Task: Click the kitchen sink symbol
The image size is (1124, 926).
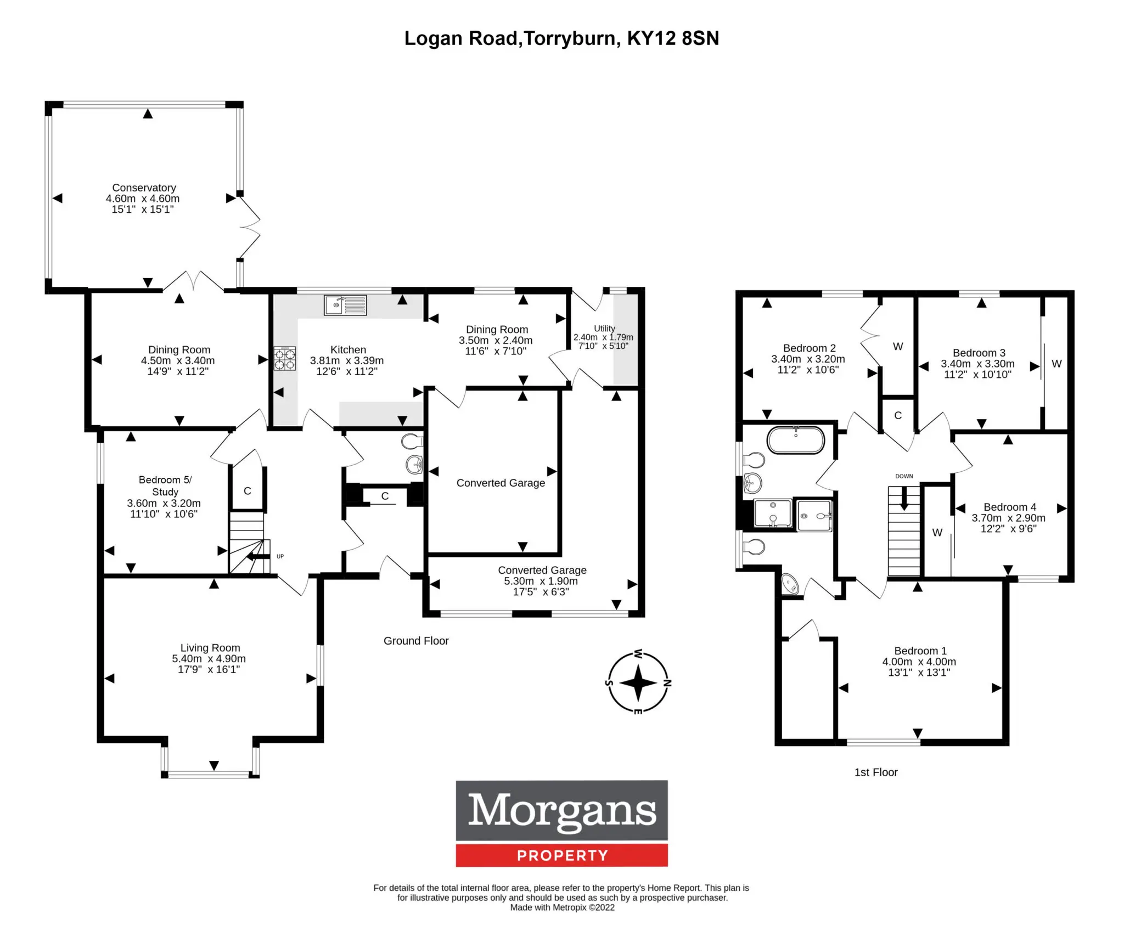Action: click(x=345, y=305)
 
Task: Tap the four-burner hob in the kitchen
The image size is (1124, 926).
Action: click(x=285, y=359)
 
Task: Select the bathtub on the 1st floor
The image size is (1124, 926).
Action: click(x=795, y=440)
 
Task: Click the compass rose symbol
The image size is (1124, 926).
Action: click(x=638, y=682)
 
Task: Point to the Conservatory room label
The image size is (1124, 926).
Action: click(x=144, y=188)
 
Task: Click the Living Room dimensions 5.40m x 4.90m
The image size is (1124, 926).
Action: click(x=209, y=658)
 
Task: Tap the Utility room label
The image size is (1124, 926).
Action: click(x=604, y=328)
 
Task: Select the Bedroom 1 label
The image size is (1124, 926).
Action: click(x=920, y=651)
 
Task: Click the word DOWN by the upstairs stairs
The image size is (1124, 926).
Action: click(x=904, y=476)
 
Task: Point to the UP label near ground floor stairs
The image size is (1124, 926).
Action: click(x=280, y=556)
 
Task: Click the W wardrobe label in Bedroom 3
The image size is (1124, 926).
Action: click(x=1056, y=364)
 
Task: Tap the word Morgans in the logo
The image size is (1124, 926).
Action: click(x=562, y=810)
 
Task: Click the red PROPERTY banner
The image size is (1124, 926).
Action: click(x=562, y=855)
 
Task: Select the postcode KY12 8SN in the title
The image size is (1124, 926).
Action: click(x=673, y=38)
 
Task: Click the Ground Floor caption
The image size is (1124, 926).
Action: click(x=416, y=641)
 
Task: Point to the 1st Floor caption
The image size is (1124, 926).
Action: click(x=876, y=772)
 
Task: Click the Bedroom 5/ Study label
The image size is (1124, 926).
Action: click(x=165, y=485)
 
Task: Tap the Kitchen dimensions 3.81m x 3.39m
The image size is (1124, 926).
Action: click(x=347, y=360)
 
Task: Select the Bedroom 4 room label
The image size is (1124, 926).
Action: click(x=1010, y=507)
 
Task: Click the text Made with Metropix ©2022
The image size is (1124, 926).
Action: click(x=562, y=907)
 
